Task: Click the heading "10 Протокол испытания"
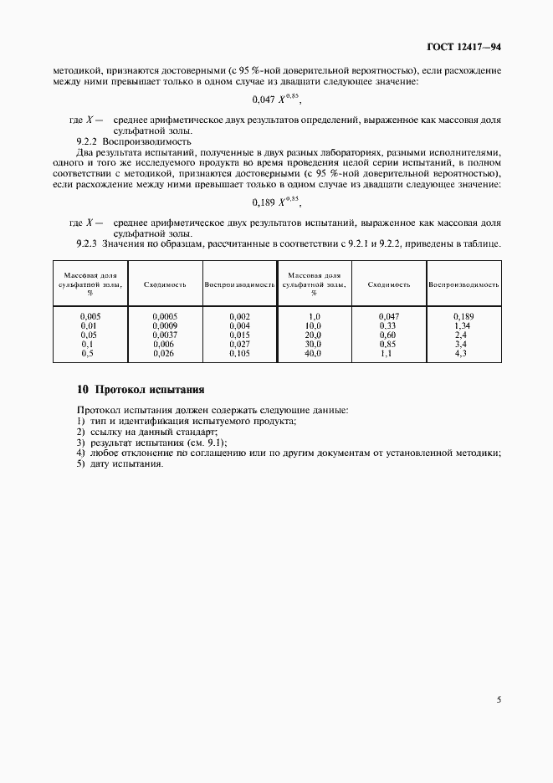pyautogui.click(x=140, y=390)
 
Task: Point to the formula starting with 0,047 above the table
pyautogui.click(x=276, y=100)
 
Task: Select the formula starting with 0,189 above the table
pyautogui.click(x=276, y=202)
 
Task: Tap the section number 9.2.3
pyautogui.click(x=87, y=244)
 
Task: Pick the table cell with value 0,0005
pyautogui.click(x=165, y=315)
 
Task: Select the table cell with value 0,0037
pyautogui.click(x=165, y=334)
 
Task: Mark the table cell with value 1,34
pyautogui.click(x=463, y=325)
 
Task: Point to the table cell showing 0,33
pyautogui.click(x=388, y=325)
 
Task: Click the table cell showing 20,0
pyautogui.click(x=313, y=334)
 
